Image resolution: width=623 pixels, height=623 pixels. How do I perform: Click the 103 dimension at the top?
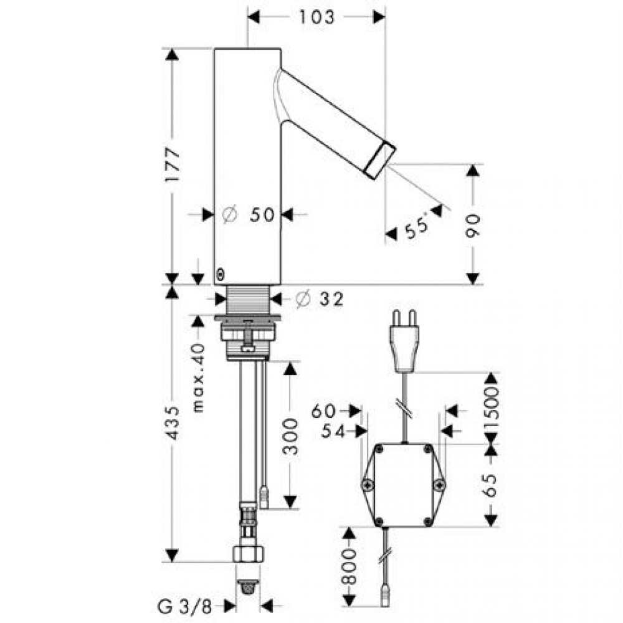click(x=316, y=17)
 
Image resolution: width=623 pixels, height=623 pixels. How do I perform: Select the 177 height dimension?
click(x=173, y=164)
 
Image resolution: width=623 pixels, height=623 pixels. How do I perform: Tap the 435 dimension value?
click(x=173, y=423)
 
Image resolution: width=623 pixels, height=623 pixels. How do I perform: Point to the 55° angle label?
click(x=416, y=226)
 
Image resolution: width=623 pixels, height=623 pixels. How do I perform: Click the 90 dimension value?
click(x=473, y=226)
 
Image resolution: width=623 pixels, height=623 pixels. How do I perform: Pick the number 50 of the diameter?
click(x=262, y=215)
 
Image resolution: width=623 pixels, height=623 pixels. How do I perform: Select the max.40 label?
click(x=198, y=378)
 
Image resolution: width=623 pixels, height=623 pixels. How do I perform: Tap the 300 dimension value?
click(x=290, y=436)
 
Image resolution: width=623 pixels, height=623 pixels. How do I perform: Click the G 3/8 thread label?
click(x=185, y=607)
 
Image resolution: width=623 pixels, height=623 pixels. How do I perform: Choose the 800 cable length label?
click(x=349, y=568)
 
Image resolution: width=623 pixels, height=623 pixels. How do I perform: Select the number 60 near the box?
click(x=323, y=411)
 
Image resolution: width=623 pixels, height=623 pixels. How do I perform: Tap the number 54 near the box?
click(x=333, y=431)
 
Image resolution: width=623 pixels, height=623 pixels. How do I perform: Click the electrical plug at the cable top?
click(x=404, y=341)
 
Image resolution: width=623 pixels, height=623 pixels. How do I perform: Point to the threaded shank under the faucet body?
click(x=248, y=300)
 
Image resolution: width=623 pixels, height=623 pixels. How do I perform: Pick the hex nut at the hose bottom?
click(x=248, y=554)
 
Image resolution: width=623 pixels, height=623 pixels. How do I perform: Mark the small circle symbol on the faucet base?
click(x=221, y=275)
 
